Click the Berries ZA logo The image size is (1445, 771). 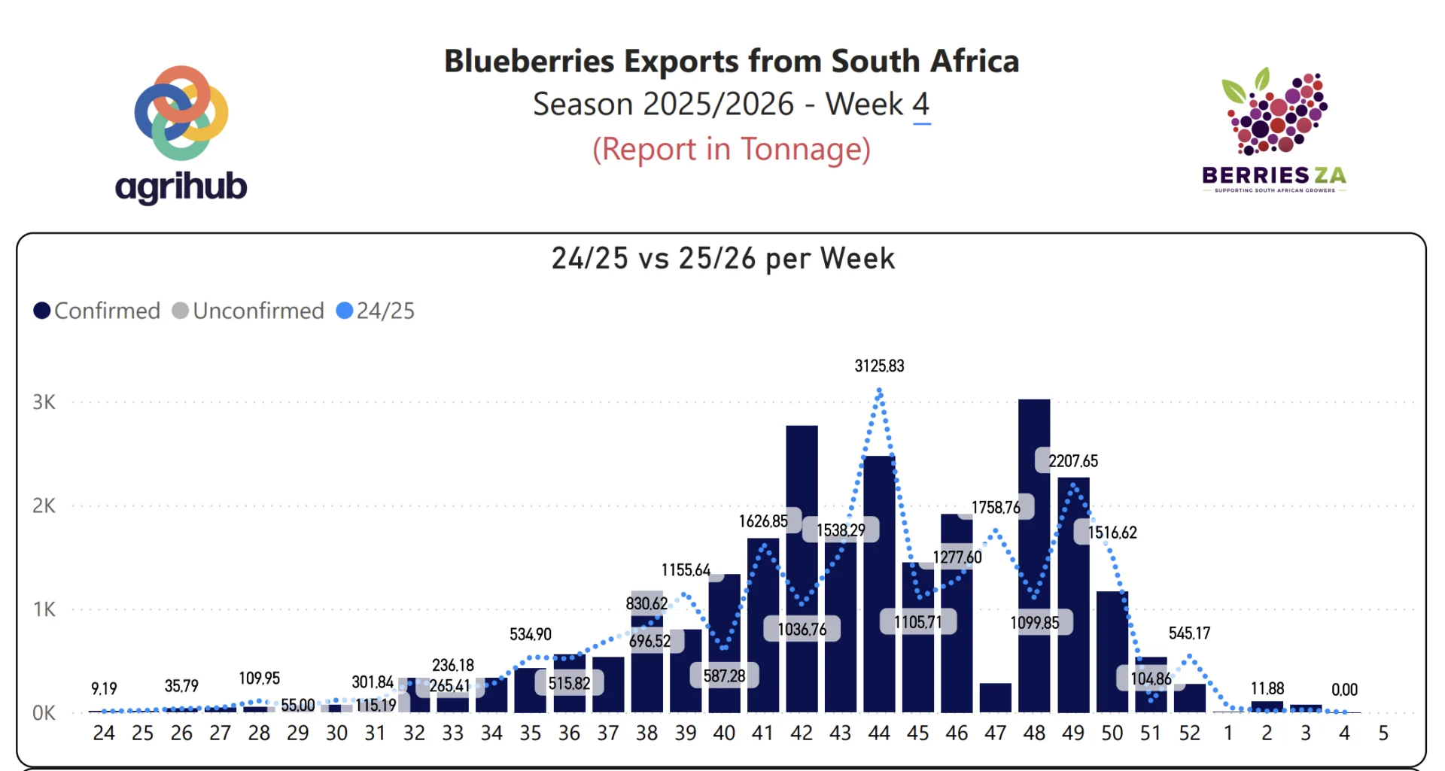point(1274,132)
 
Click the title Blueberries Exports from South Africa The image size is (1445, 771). point(731,61)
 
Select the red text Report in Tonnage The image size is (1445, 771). point(731,149)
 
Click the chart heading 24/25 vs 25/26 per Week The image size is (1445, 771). point(722,259)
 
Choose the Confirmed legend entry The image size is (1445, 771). point(97,311)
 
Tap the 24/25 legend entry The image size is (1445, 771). point(376,311)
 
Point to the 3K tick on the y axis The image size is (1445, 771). point(44,402)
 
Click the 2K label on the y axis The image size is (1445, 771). point(44,505)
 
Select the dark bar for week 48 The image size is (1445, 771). point(1034,557)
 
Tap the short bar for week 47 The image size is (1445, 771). point(995,697)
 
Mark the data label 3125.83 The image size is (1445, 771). point(879,366)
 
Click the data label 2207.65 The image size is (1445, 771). point(1073,461)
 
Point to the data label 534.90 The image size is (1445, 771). point(531,634)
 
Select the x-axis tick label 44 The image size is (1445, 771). point(879,733)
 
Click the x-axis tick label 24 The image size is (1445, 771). point(104,733)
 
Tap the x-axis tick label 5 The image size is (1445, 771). point(1383,733)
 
